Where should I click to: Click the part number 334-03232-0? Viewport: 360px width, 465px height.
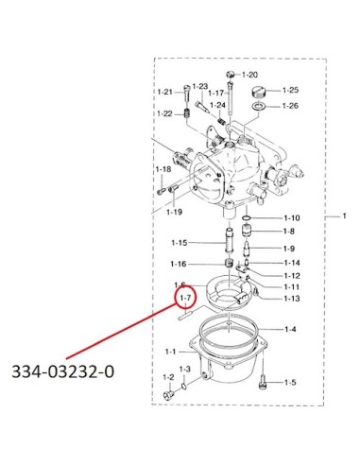(x=63, y=371)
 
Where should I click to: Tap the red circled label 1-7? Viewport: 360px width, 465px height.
(x=185, y=298)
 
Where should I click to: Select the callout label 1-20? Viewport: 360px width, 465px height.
(x=249, y=75)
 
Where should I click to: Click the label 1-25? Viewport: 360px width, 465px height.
(x=290, y=90)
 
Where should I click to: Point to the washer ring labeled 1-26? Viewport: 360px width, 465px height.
(x=258, y=106)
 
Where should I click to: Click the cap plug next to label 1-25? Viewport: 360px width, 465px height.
(x=259, y=93)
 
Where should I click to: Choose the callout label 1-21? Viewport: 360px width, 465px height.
(x=165, y=92)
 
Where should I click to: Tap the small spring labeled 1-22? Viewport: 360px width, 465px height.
(x=187, y=113)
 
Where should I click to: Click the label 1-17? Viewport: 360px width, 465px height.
(x=216, y=93)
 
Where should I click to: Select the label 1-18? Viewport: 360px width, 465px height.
(x=163, y=169)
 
